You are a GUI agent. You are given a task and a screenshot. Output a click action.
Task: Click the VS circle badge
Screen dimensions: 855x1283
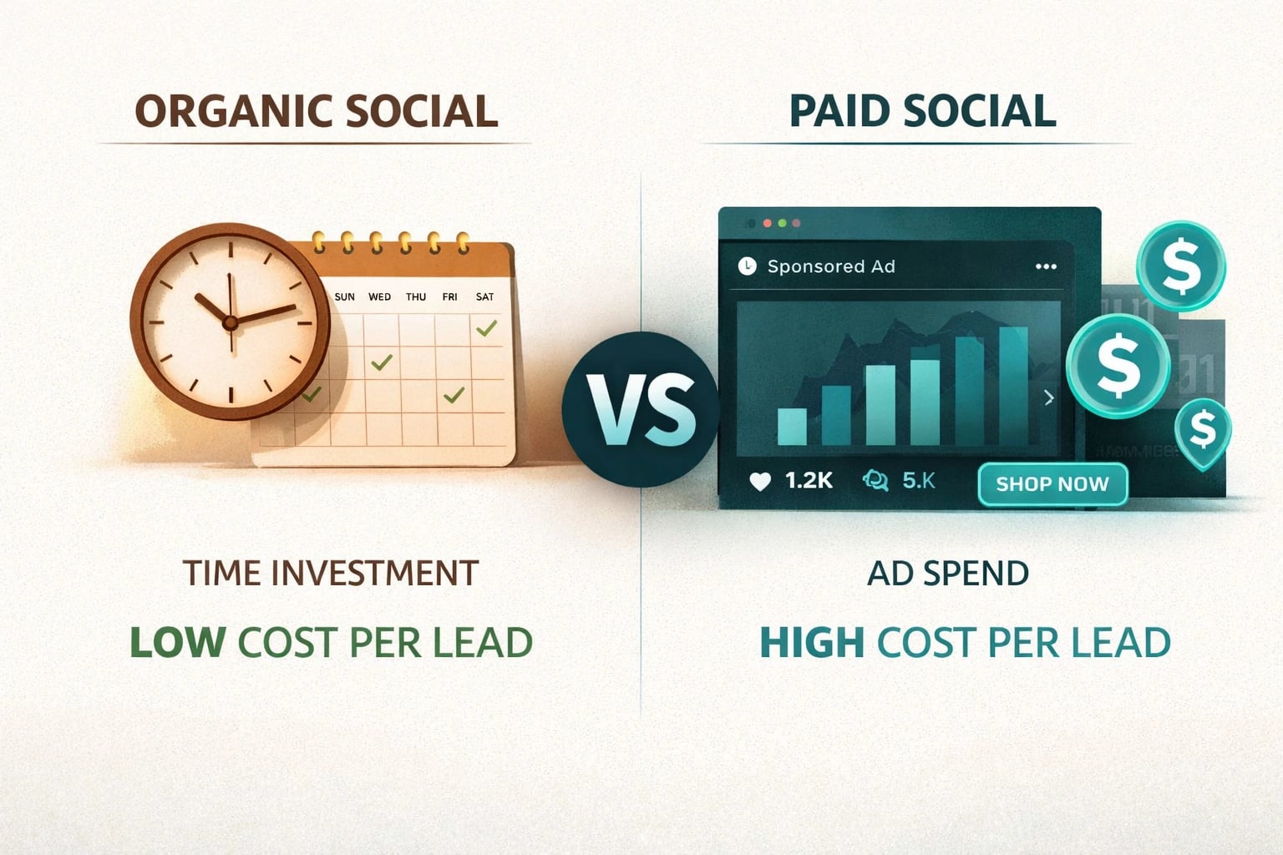pyautogui.click(x=640, y=409)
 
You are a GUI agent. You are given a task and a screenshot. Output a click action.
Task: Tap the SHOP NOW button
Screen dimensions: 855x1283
pyautogui.click(x=1052, y=484)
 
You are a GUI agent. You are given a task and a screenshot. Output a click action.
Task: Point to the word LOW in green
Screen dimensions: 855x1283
pyautogui.click(x=177, y=643)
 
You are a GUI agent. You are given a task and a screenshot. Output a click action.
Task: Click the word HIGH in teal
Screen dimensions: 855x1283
pyautogui.click(x=811, y=643)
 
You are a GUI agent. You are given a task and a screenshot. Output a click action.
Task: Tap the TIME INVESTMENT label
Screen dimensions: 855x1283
pyautogui.click(x=331, y=574)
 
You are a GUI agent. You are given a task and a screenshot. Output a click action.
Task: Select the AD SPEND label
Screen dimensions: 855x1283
pyautogui.click(x=948, y=574)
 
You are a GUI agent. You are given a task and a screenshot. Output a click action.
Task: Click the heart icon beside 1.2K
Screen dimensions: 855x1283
pyautogui.click(x=760, y=482)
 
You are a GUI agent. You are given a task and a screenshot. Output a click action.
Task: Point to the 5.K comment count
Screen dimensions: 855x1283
pyautogui.click(x=919, y=481)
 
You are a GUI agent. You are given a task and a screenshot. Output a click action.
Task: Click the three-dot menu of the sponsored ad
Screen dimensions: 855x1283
pyautogui.click(x=1046, y=266)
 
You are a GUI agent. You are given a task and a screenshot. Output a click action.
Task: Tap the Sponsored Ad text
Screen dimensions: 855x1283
pyautogui.click(x=831, y=266)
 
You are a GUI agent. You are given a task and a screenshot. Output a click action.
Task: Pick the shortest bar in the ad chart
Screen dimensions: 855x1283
pyautogui.click(x=792, y=426)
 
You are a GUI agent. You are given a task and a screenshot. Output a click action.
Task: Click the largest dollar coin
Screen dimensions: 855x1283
pyautogui.click(x=1118, y=366)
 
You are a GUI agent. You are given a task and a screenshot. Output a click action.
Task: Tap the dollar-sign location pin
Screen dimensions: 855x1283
pyautogui.click(x=1202, y=429)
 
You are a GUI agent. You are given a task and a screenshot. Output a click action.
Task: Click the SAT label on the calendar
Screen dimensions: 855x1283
pyautogui.click(x=484, y=297)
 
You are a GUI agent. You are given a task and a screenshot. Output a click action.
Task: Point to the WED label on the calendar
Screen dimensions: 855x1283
pyautogui.click(x=379, y=297)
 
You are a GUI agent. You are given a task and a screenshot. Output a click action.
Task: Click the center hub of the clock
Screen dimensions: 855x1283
pyautogui.click(x=230, y=321)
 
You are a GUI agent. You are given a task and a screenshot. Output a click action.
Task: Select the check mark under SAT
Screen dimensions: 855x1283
pyautogui.click(x=486, y=328)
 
